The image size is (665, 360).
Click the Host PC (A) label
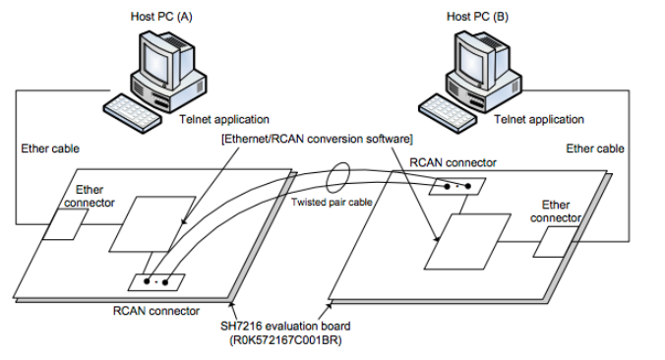pos(161,17)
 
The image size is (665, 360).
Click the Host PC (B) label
pos(477,17)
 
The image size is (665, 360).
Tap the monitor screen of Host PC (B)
pos(471,63)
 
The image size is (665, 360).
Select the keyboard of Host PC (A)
pos(133,111)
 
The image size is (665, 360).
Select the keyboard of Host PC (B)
pos(448,111)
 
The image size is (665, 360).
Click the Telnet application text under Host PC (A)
pos(224,120)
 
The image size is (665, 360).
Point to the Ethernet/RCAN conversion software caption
pos(317,139)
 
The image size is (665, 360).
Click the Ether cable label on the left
pos(50,149)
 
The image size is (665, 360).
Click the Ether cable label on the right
pos(595,149)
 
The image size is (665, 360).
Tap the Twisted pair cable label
pos(332,203)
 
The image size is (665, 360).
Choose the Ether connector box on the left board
pos(65,224)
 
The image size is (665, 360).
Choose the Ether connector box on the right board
pos(556,242)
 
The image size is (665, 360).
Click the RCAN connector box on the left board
pos(156,282)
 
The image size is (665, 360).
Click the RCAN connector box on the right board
pos(457,186)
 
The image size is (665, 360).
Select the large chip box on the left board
pos(152,224)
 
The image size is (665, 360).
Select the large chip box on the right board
pos(467,242)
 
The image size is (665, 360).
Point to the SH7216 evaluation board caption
pos(285,327)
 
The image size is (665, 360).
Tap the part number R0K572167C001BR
pos(285,340)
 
